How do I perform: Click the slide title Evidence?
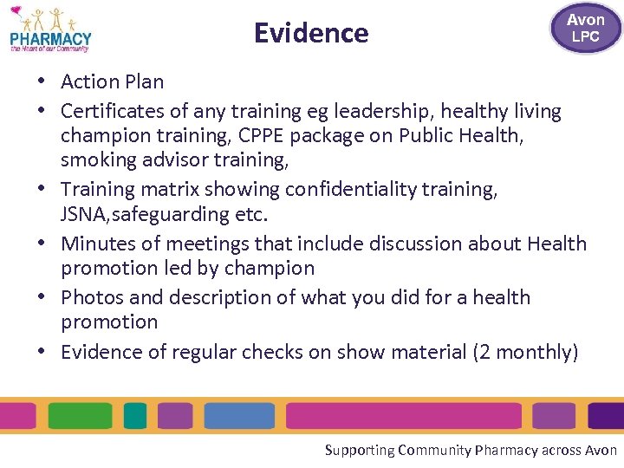pos(311,33)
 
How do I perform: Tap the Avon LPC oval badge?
pos(585,28)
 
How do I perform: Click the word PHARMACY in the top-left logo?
pos(50,39)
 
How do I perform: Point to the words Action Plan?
pos(112,81)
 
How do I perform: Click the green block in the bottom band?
pos(81,416)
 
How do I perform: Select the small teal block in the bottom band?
pos(135,416)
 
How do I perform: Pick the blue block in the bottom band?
pos(239,416)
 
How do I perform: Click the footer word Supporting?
pos(359,450)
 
